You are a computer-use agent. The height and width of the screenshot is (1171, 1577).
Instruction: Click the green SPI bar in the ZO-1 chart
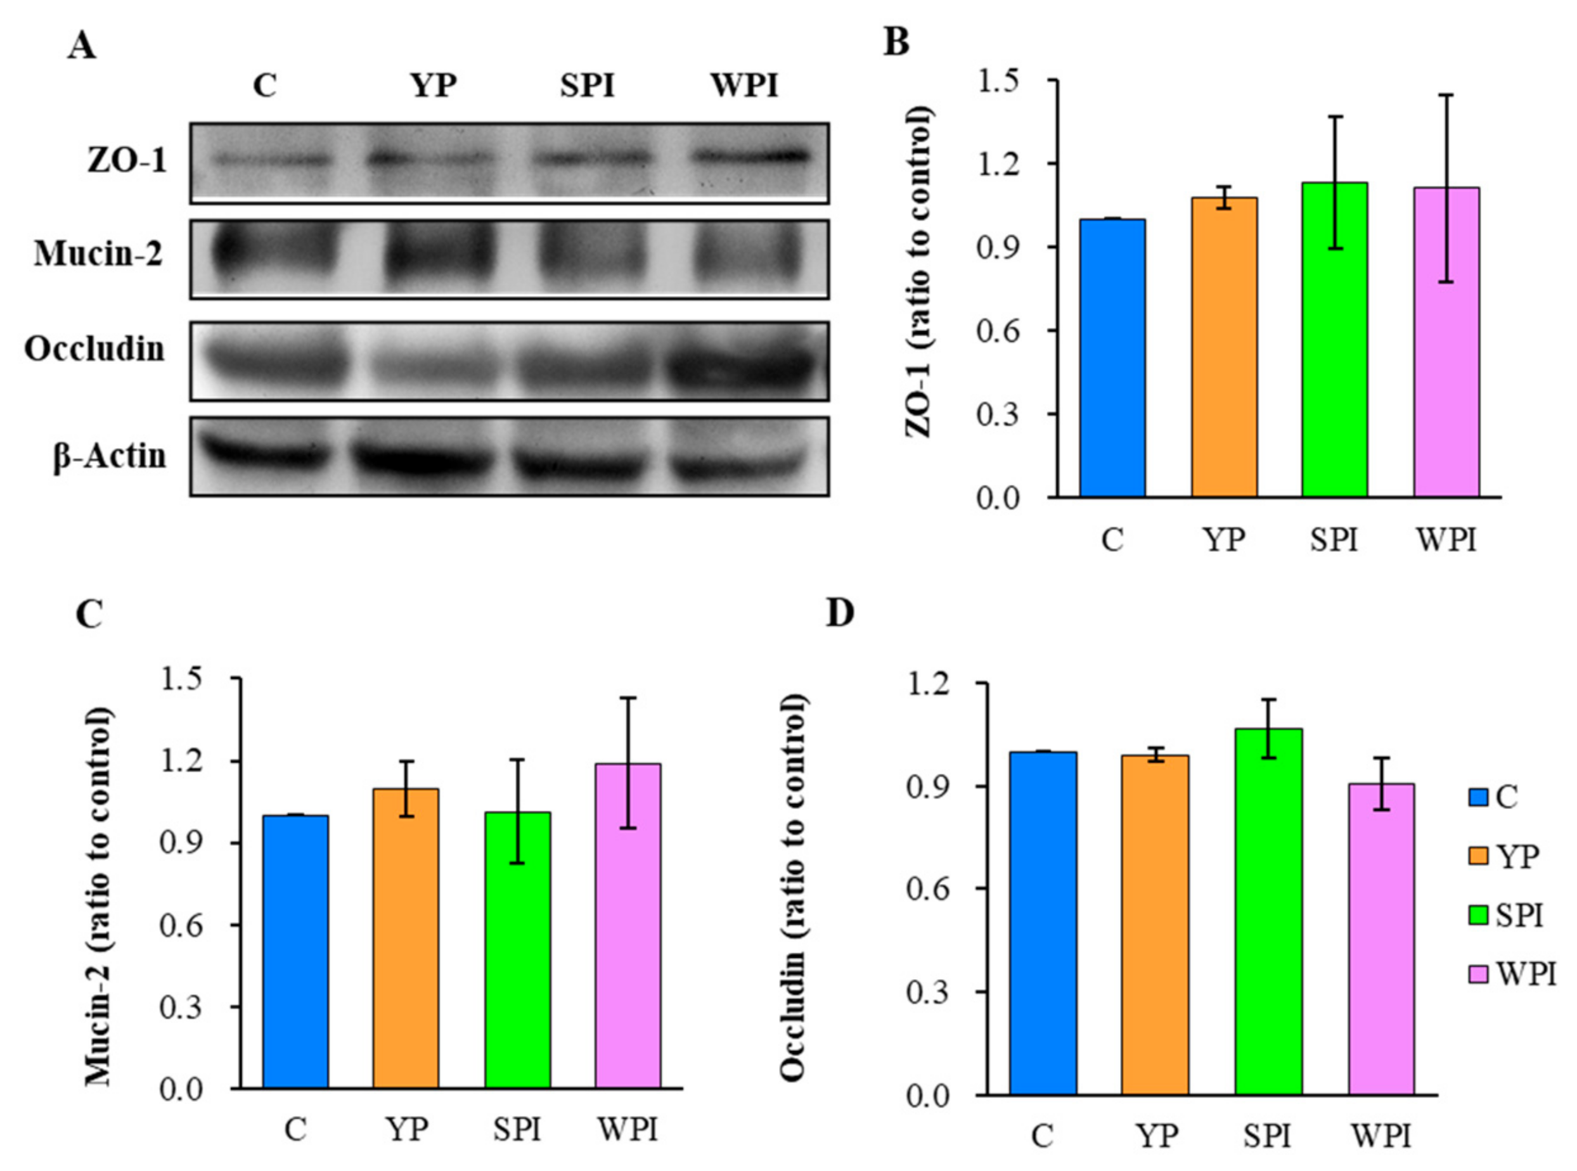(x=1334, y=340)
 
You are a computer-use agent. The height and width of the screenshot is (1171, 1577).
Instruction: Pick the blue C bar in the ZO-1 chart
(x=1112, y=358)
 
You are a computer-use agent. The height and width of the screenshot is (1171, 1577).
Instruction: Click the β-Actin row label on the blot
(x=110, y=456)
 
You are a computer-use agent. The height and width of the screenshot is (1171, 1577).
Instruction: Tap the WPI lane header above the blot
(x=744, y=86)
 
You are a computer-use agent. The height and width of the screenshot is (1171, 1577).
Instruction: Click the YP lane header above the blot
(x=434, y=86)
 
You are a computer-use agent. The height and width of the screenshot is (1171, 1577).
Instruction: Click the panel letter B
(x=896, y=42)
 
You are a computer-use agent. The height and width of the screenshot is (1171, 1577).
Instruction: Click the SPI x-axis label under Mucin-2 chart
(x=517, y=1130)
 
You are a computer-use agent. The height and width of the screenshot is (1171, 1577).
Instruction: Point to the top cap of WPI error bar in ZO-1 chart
(x=1446, y=95)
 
